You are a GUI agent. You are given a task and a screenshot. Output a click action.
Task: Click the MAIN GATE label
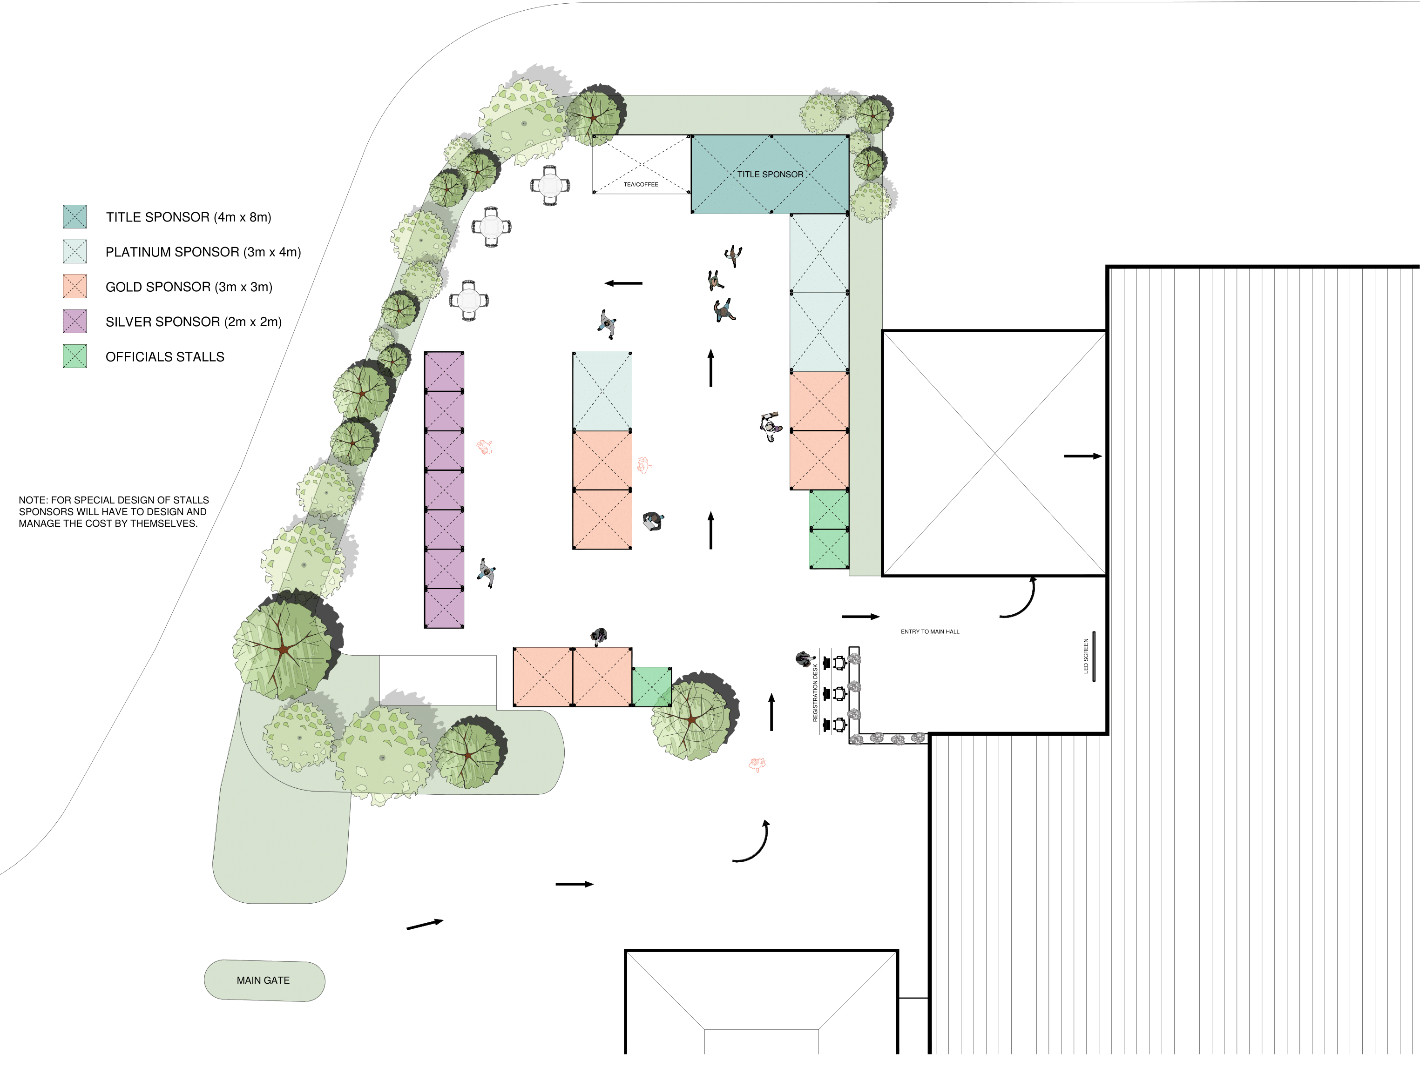click(x=263, y=980)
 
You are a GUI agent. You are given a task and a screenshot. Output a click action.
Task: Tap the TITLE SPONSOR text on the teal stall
click(x=770, y=174)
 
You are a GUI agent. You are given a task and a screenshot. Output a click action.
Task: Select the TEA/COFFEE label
click(x=641, y=185)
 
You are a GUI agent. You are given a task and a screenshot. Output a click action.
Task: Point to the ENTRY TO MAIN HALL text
click(x=930, y=632)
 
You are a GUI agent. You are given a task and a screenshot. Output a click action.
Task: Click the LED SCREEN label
click(x=1086, y=656)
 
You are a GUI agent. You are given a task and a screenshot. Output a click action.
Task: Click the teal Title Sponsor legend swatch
click(x=74, y=217)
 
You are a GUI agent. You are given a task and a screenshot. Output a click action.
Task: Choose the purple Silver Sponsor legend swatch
click(x=74, y=322)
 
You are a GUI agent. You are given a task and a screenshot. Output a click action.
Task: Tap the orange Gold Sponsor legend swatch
click(x=74, y=286)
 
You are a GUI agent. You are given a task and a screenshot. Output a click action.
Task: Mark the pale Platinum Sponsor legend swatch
click(x=74, y=252)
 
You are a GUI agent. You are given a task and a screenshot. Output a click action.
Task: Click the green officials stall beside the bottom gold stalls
click(x=652, y=687)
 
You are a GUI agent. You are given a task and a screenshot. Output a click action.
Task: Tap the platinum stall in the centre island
click(x=602, y=391)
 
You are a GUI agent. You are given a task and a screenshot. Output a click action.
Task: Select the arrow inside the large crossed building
click(x=1083, y=456)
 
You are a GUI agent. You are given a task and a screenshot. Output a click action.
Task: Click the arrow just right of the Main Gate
click(x=425, y=924)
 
